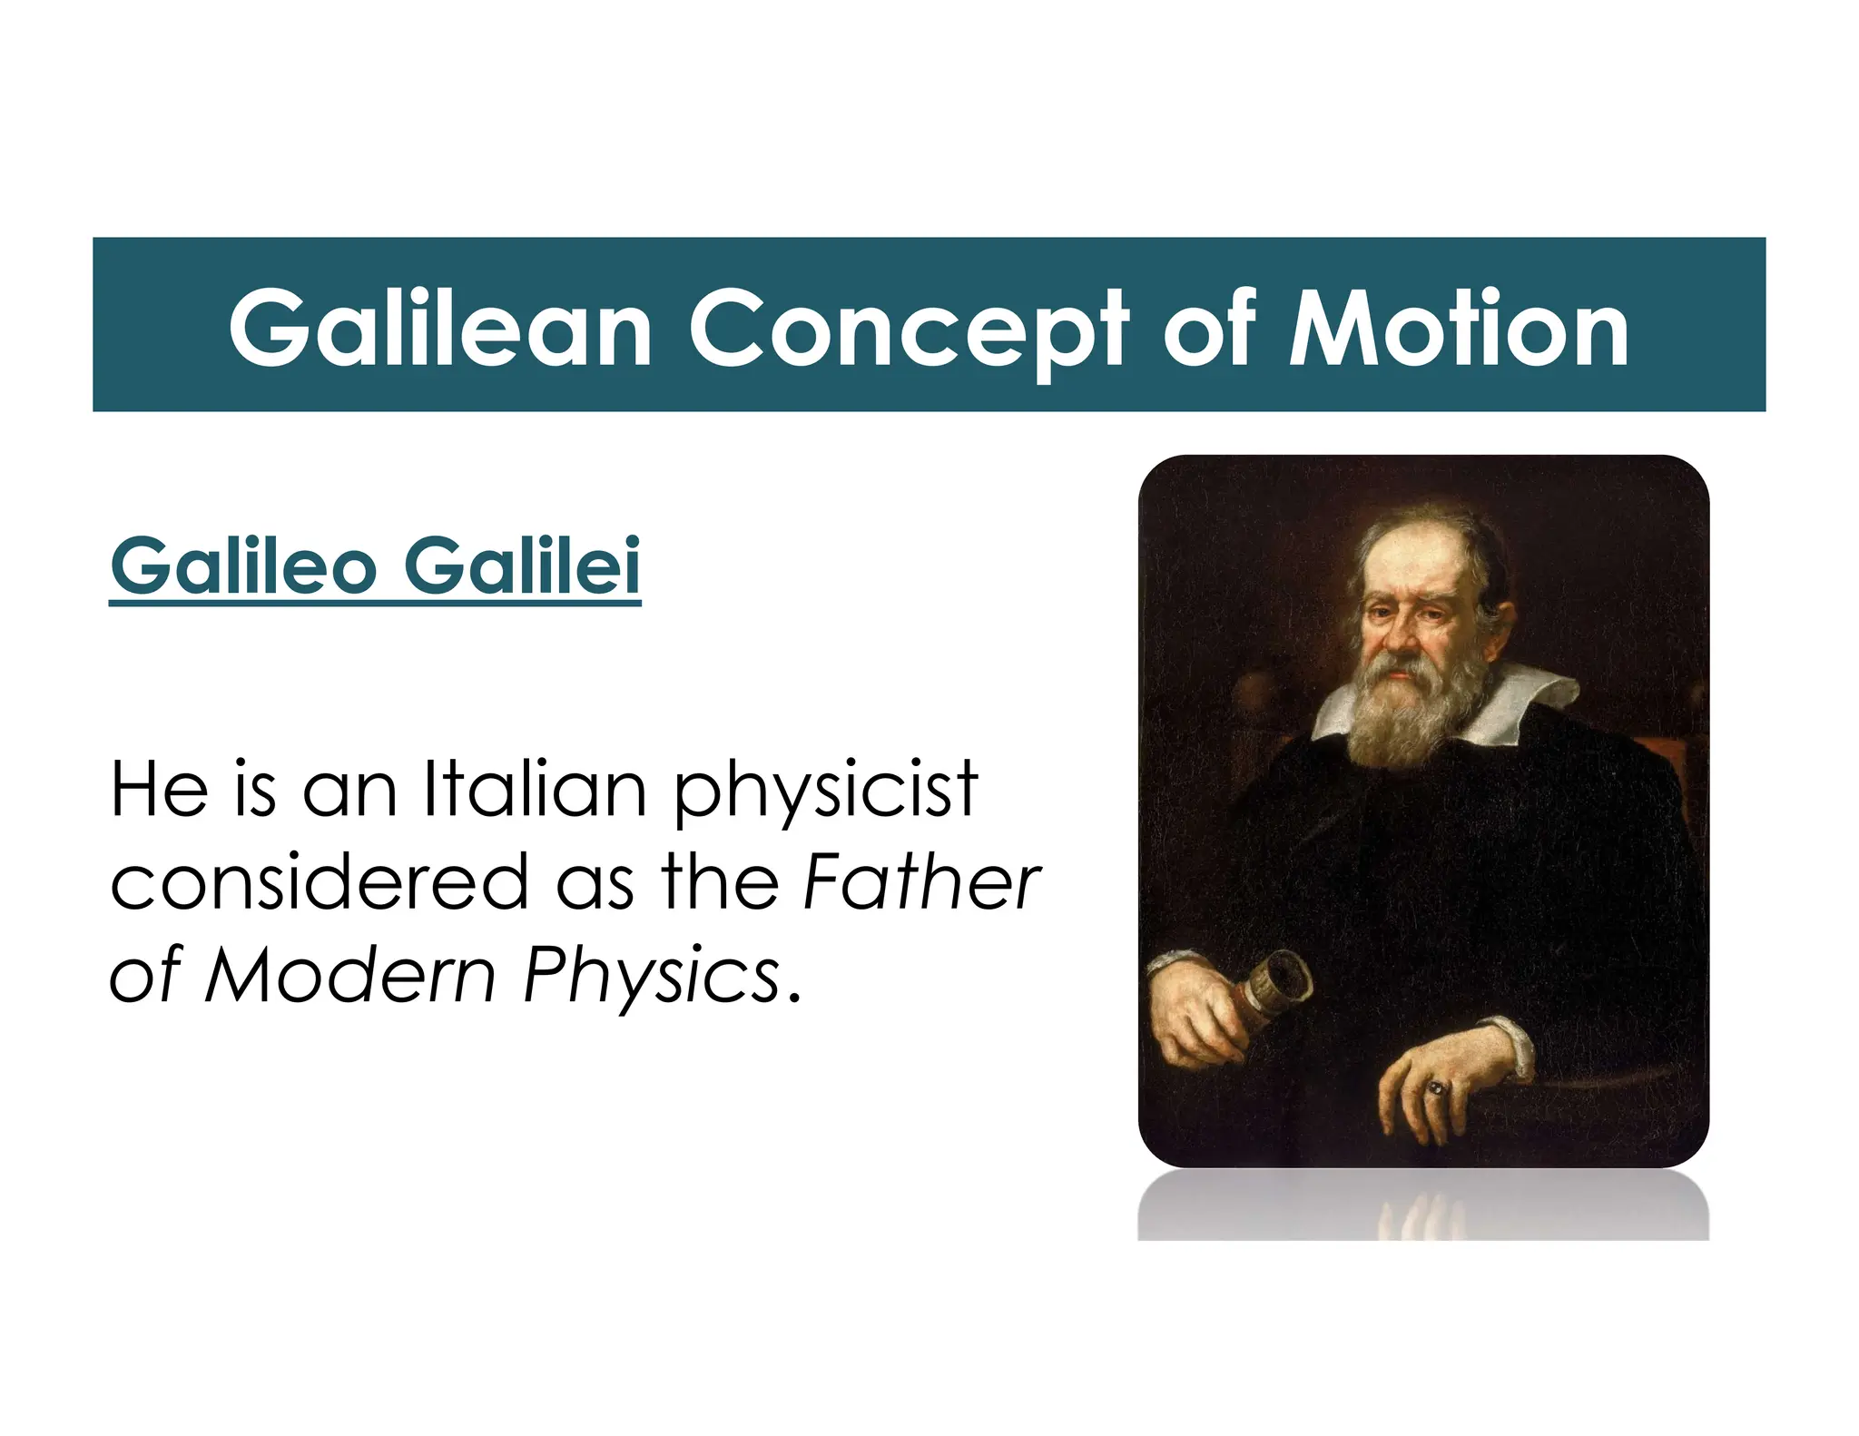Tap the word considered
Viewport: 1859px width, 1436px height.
319,881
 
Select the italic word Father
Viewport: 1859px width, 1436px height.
921,881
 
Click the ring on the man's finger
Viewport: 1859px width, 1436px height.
1436,1087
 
